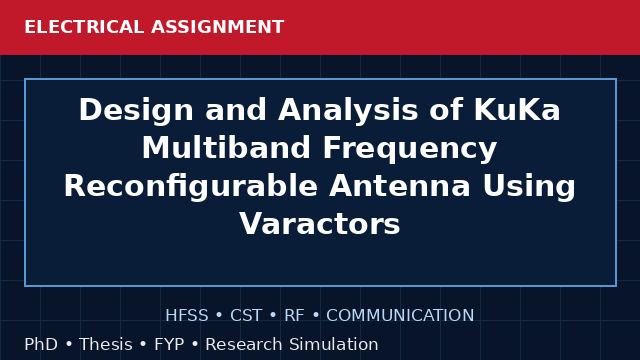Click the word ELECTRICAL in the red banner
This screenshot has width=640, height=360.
[84, 27]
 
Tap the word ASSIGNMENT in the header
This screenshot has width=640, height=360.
[218, 27]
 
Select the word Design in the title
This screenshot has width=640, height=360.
[136, 111]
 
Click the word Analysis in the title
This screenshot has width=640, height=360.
[348, 111]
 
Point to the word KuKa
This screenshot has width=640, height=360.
[517, 109]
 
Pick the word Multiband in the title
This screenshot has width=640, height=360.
[226, 148]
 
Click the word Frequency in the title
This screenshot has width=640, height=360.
[410, 149]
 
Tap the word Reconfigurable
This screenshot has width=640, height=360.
[191, 187]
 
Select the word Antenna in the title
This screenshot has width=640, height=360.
[400, 186]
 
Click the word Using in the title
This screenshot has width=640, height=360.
[529, 187]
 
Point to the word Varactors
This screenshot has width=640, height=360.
[320, 224]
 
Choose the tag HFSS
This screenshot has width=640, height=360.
[187, 316]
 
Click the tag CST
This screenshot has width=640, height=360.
[246, 316]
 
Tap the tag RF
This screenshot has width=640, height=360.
[294, 316]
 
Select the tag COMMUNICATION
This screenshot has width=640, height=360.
[400, 316]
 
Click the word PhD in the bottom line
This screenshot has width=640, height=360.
[41, 344]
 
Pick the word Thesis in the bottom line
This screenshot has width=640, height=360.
[106, 344]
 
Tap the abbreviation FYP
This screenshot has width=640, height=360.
[169, 344]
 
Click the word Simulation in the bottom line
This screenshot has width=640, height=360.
[334, 344]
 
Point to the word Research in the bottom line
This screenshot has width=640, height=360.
[244, 344]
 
